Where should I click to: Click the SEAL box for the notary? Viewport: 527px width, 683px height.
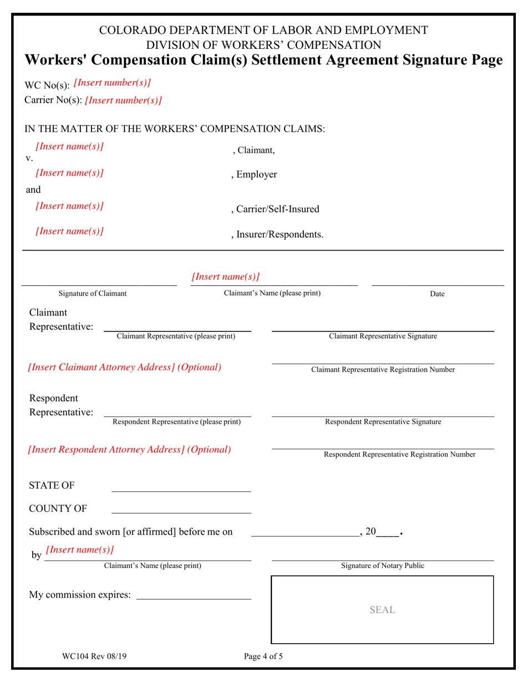pos(382,610)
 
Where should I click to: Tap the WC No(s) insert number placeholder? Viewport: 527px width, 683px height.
pos(112,83)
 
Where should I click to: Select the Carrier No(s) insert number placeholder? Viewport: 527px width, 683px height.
pos(123,101)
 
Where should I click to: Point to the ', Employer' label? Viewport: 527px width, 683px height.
pos(254,175)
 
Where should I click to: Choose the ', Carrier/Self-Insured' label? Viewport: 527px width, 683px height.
pos(275,209)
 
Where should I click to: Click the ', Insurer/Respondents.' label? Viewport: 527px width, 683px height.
pos(277,235)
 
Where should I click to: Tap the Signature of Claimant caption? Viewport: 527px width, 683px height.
pos(93,294)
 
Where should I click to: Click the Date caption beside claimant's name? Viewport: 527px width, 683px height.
pos(437,294)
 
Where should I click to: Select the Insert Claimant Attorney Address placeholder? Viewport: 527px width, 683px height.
pos(124,368)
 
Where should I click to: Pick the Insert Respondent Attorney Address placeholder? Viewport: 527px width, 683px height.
pos(129,449)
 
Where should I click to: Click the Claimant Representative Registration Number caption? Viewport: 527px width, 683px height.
pos(383,370)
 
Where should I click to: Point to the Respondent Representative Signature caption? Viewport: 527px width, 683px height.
pos(383,422)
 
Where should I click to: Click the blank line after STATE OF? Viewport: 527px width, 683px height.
pos(181,489)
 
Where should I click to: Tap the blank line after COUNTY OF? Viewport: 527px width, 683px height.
pos(181,510)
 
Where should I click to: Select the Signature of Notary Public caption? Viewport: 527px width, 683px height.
pos(382,566)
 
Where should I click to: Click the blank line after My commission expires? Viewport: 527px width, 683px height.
pos(193,597)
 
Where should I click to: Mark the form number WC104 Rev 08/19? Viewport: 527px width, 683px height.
pos(94,656)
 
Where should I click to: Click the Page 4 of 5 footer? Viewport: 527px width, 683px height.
pos(263,656)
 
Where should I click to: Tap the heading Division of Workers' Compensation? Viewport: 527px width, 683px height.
pos(263,45)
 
